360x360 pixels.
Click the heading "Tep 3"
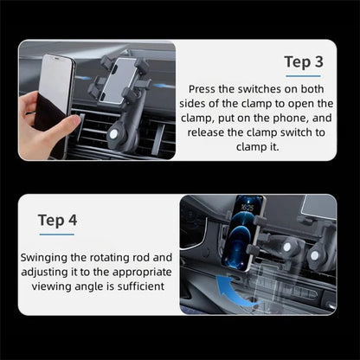coord(304,61)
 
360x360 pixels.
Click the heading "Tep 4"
coord(58,220)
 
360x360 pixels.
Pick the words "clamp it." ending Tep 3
coord(261,147)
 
